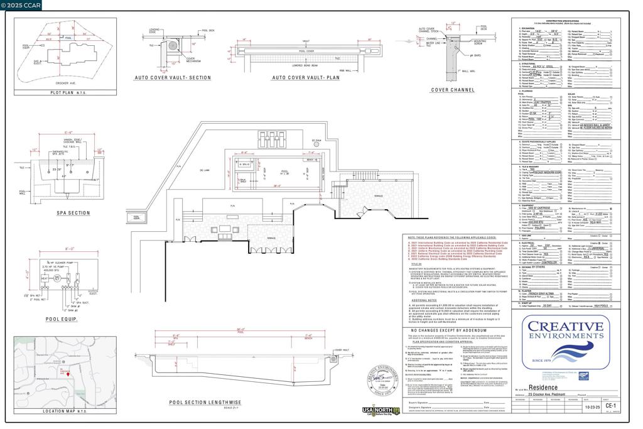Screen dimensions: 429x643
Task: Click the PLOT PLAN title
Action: (x=64, y=92)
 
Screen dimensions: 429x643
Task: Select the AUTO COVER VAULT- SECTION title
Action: (x=173, y=78)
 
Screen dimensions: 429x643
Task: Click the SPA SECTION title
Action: (x=73, y=213)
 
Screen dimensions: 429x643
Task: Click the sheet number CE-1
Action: (x=610, y=406)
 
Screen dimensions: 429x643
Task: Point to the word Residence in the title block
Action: (x=543, y=388)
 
